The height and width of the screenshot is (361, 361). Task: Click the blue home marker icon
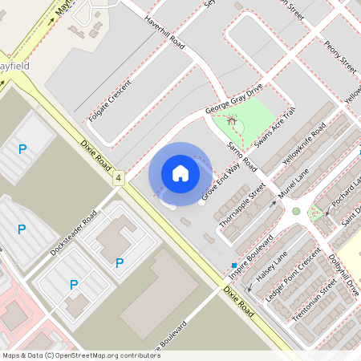[180, 172]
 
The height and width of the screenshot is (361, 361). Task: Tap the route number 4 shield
[119, 176]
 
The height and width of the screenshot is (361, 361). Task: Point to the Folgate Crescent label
[108, 102]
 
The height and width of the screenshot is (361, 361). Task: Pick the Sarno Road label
[240, 156]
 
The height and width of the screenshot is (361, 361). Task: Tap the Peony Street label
[341, 54]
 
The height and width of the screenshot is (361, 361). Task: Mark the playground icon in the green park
[233, 120]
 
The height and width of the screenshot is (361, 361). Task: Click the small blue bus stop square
[234, 265]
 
